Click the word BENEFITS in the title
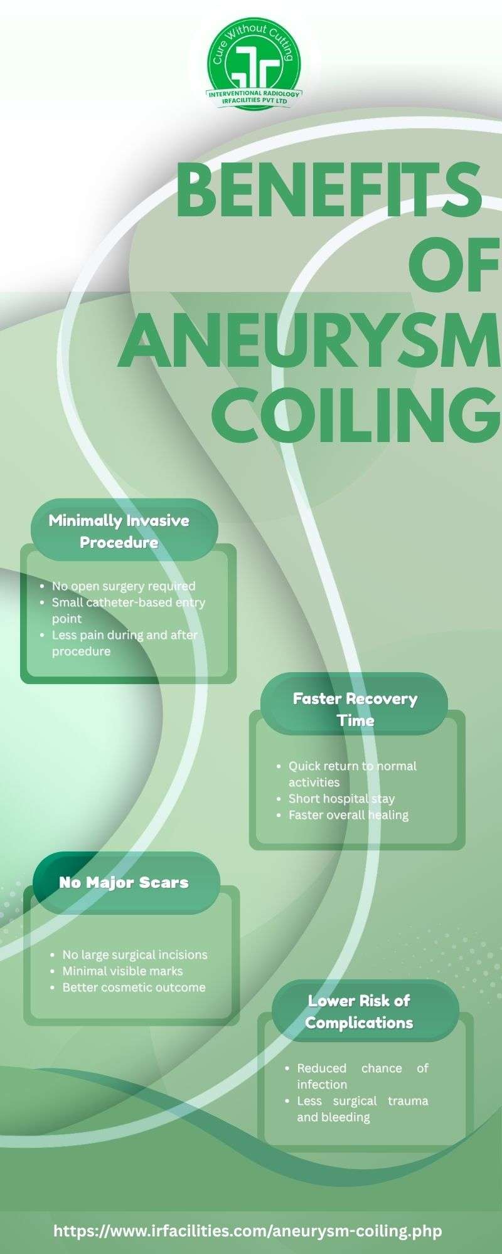coord(329,189)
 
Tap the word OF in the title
coord(454,266)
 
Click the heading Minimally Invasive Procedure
coord(119,531)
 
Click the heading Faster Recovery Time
coord(355,709)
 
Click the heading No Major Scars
coord(124,882)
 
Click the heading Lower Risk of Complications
coord(359,1012)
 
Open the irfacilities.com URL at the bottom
coord(248,1230)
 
